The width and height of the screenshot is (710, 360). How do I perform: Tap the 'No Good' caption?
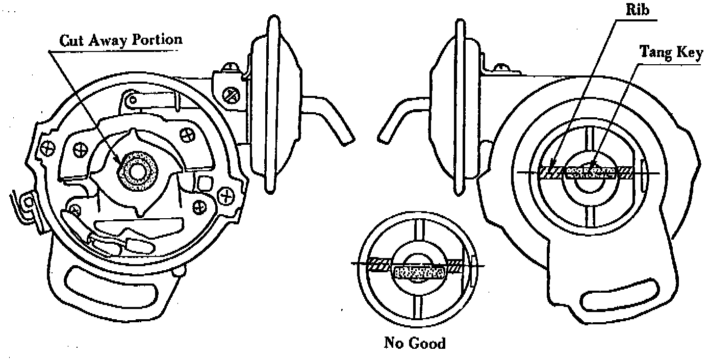coord(414,343)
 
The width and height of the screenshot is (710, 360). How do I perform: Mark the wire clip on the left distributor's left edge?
coord(24,207)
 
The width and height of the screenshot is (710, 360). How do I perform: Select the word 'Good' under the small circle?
coord(428,343)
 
